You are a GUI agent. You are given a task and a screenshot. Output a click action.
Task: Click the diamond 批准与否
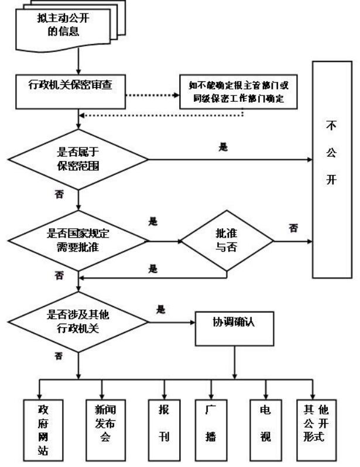pos(227,239)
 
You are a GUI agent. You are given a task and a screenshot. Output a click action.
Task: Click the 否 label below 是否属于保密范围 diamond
pos(59,193)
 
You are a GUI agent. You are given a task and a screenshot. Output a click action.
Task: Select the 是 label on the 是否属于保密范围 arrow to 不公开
pos(222,147)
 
